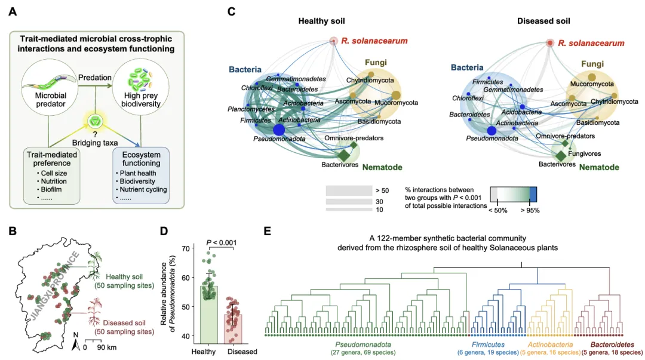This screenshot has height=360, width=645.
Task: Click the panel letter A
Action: tap(13, 11)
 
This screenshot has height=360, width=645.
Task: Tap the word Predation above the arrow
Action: tap(94, 78)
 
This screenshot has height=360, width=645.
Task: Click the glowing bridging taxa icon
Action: tap(95, 121)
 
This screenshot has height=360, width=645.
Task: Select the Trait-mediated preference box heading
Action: tap(52, 159)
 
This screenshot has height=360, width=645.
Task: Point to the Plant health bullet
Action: tap(136, 173)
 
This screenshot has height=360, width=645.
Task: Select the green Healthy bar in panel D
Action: tap(209, 315)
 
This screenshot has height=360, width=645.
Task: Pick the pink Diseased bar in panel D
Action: tap(234, 329)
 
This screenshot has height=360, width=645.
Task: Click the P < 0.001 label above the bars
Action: tap(222, 243)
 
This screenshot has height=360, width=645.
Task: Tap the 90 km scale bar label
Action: tap(106, 347)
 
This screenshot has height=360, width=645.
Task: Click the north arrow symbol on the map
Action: tap(76, 344)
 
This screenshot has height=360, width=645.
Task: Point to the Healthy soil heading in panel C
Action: tap(321, 21)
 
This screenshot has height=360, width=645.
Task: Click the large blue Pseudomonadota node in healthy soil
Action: tap(279, 130)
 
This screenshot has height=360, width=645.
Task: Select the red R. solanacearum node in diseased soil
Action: tap(550, 43)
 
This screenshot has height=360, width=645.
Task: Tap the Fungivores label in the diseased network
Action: tap(584, 153)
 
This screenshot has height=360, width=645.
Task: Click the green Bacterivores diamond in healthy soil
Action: tap(343, 155)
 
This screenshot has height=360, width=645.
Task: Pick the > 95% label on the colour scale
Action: tap(530, 210)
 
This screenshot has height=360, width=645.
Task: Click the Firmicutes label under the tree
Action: tap(488, 344)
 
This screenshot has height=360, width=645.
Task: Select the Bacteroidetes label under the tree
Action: tap(612, 344)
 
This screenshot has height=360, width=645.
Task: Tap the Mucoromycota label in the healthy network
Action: tap(396, 103)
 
